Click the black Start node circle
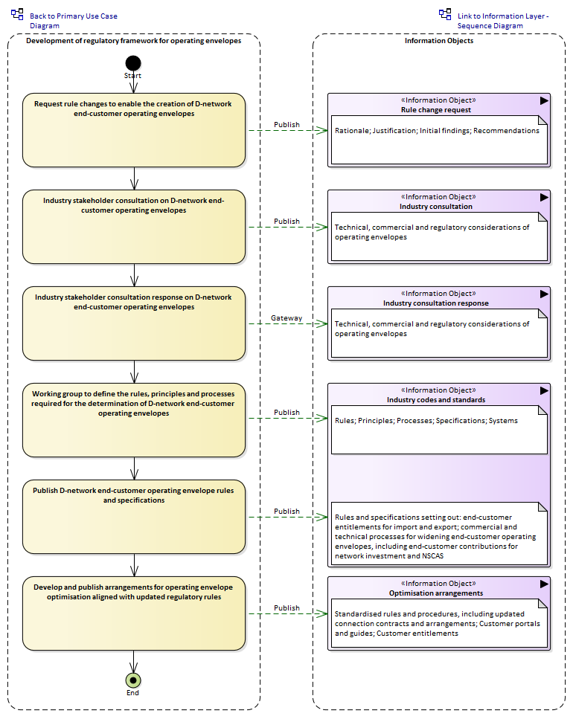(x=133, y=63)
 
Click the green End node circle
(x=133, y=680)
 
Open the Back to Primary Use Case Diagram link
(x=73, y=21)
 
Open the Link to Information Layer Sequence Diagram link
(x=502, y=21)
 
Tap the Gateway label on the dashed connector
(x=286, y=318)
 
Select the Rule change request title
(x=436, y=110)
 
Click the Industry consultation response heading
(x=436, y=303)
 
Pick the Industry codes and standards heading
(x=436, y=400)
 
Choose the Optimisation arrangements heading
(x=436, y=593)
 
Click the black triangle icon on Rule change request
(x=544, y=100)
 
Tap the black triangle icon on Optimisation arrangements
(x=544, y=584)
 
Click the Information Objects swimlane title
(x=439, y=41)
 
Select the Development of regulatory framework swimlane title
(x=134, y=41)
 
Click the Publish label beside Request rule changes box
(x=286, y=125)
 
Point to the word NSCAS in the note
(x=433, y=556)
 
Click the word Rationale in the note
(x=353, y=131)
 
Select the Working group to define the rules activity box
(x=134, y=420)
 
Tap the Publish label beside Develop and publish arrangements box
(x=286, y=608)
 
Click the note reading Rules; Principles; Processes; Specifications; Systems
(x=439, y=430)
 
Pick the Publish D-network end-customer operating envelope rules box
(x=134, y=517)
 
